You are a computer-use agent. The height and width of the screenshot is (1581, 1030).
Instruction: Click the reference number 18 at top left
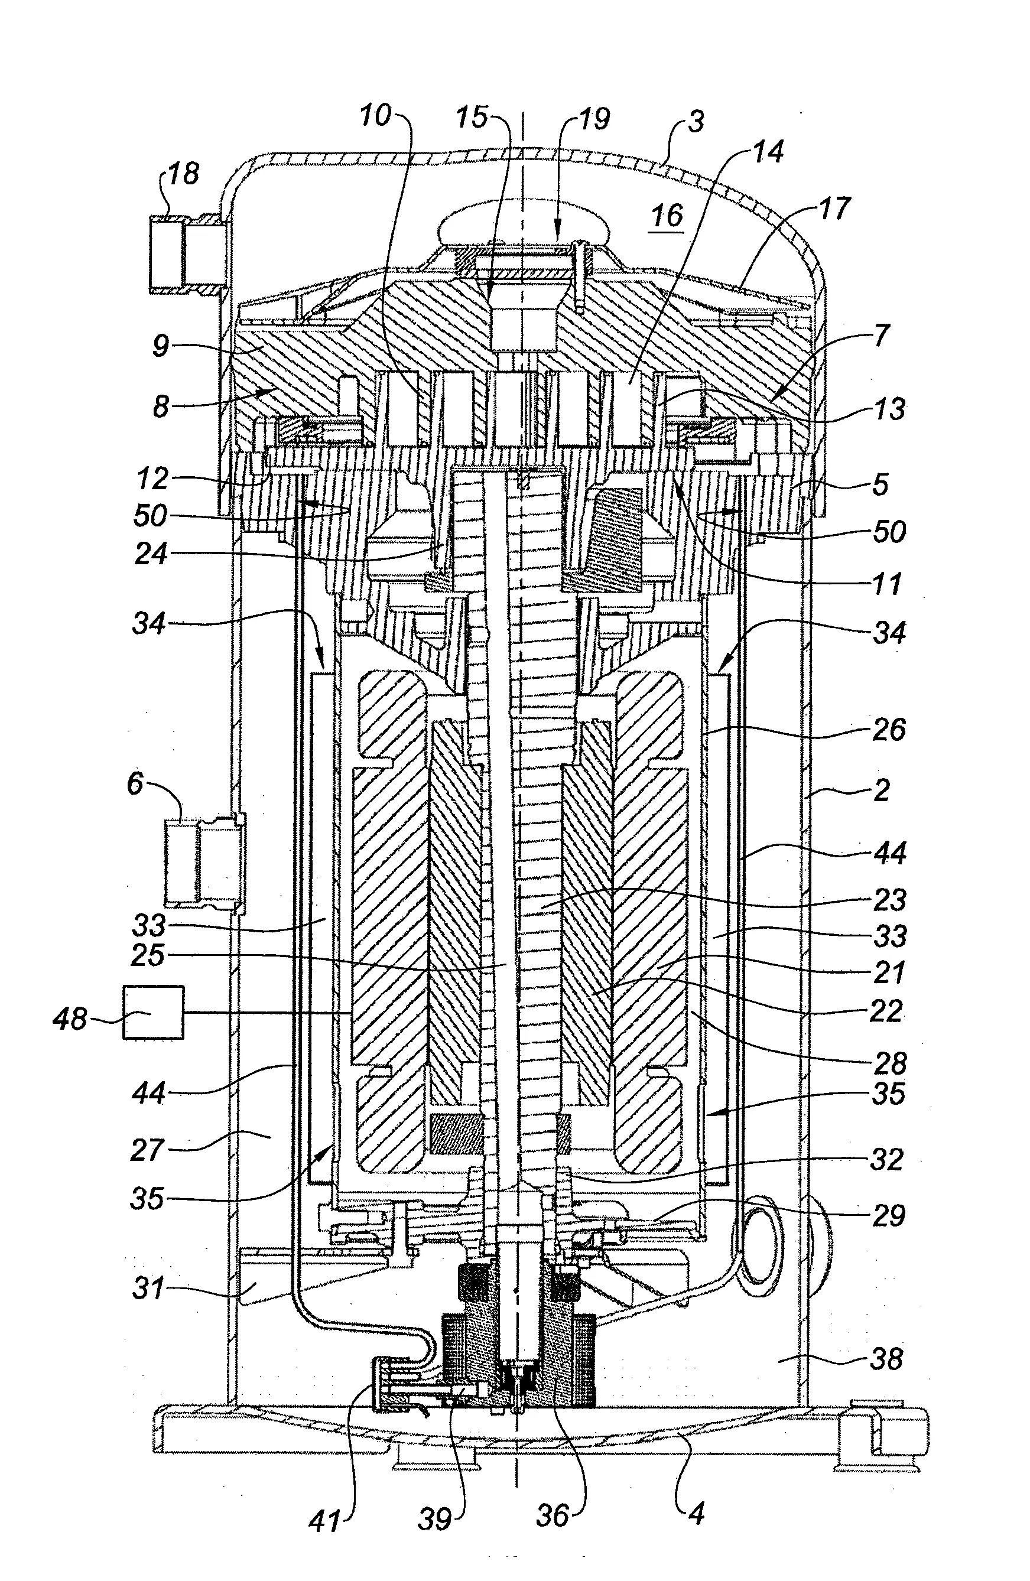183,174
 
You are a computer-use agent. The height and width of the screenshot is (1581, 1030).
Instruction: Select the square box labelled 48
153,1011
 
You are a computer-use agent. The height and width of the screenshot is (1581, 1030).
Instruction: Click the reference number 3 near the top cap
695,122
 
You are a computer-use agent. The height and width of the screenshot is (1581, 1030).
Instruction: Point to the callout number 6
135,783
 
